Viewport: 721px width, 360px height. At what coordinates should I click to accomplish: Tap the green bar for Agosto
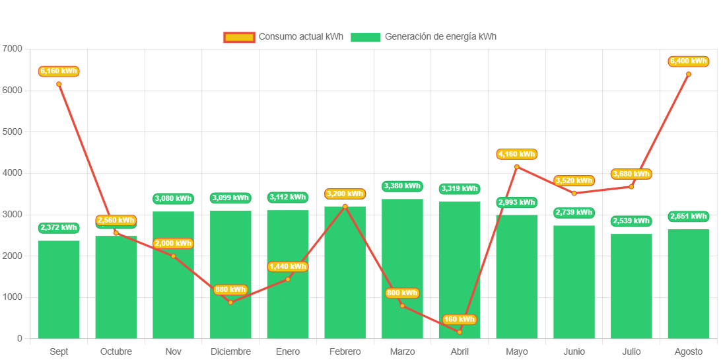point(689,284)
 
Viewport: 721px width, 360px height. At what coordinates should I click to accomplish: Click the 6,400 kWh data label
point(689,61)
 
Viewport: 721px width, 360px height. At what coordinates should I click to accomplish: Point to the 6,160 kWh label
point(59,71)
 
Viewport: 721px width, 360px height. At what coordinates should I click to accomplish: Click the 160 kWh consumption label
point(460,319)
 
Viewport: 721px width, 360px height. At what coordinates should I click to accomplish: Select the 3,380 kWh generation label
point(402,186)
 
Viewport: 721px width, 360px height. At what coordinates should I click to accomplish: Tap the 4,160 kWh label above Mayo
point(517,154)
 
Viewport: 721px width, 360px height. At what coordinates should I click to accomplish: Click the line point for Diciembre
point(230,303)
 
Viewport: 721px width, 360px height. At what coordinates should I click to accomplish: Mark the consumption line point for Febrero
point(345,206)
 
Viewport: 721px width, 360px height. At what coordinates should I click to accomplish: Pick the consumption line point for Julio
point(631,187)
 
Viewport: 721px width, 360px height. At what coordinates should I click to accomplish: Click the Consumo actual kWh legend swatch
point(239,37)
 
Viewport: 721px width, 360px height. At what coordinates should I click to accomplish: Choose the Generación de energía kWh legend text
point(440,37)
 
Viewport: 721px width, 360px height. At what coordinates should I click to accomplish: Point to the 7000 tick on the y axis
point(13,49)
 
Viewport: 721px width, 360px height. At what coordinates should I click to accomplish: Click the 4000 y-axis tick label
point(13,173)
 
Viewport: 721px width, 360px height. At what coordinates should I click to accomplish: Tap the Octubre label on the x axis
point(116,351)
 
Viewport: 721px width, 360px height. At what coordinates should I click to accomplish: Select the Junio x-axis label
point(574,351)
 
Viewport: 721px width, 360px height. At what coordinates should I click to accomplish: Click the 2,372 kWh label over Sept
point(59,228)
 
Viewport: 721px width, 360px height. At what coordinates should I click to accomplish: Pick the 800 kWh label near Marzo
point(402,293)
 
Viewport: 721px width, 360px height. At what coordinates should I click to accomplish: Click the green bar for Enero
point(288,274)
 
